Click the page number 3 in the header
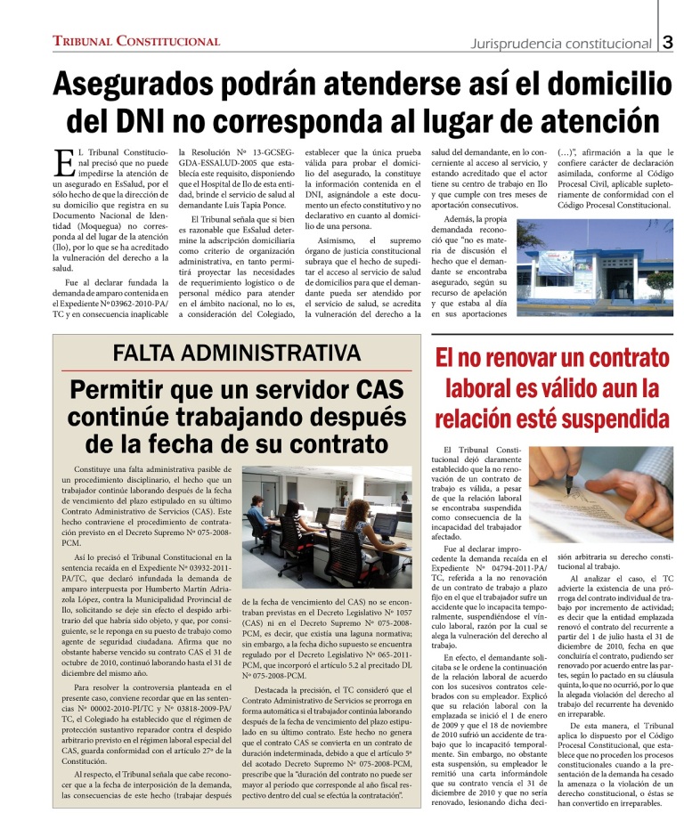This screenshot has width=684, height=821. [668, 42]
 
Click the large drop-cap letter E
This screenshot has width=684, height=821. [63, 164]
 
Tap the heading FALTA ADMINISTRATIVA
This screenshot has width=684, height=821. [232, 352]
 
